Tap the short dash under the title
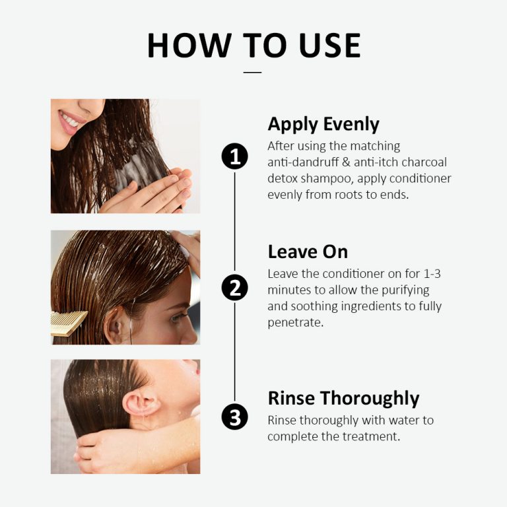(253, 72)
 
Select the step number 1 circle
(234, 157)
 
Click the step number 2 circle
(234, 288)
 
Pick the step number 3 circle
(234, 417)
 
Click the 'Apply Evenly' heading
(323, 124)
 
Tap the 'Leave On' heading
(307, 252)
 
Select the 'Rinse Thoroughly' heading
(343, 398)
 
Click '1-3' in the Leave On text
(425, 273)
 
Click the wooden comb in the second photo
(68, 323)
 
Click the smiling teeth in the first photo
(69, 119)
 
